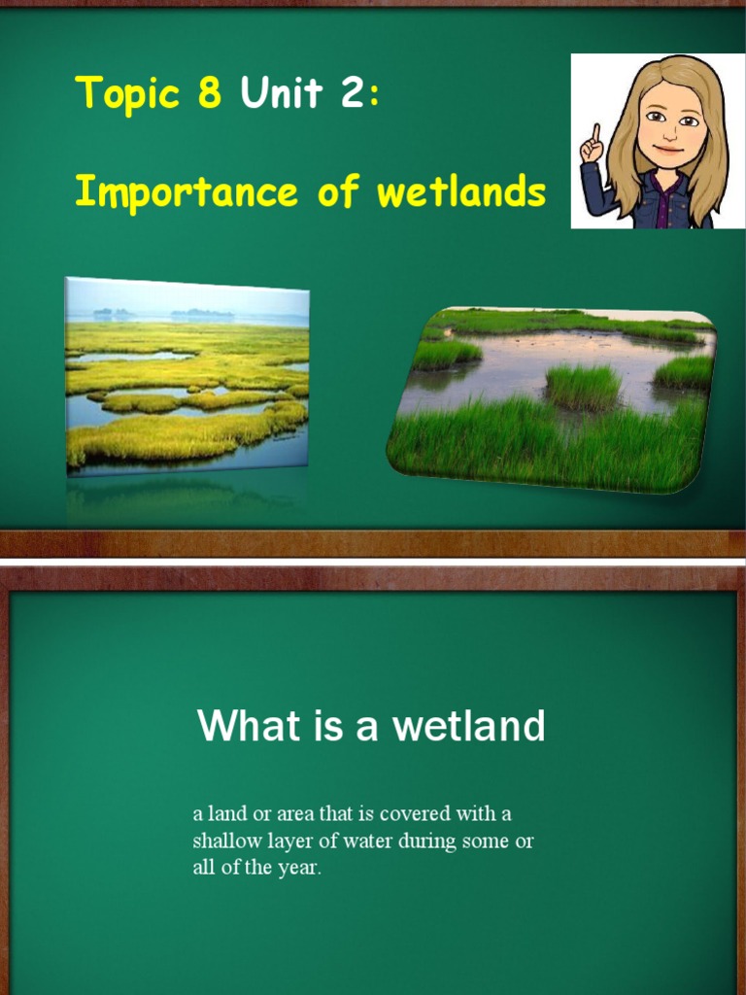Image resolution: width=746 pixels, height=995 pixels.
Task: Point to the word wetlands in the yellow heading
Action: (x=460, y=191)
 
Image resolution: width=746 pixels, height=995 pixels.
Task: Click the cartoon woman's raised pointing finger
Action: (x=593, y=134)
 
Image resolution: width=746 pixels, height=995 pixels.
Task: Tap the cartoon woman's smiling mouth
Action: (x=667, y=150)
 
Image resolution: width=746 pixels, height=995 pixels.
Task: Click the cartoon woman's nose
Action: (x=669, y=133)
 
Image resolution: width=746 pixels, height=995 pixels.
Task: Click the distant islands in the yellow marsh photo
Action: (x=202, y=315)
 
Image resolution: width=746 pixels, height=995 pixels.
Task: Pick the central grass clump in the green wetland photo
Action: (x=582, y=386)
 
